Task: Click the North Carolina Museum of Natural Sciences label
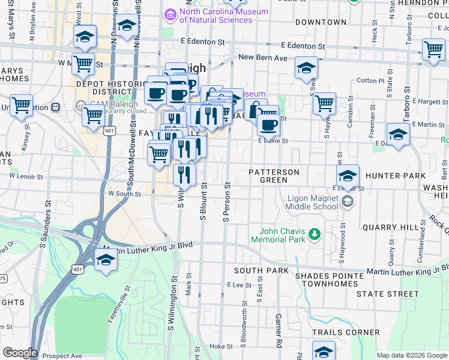coord(215,16)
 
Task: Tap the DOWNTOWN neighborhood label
coord(321,22)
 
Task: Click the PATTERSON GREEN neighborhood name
coord(274,176)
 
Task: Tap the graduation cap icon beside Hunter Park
coord(348,176)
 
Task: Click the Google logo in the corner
coord(19,353)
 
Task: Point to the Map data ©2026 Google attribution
coord(412,355)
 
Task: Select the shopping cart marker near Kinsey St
coord(21,106)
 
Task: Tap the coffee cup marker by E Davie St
coord(268,125)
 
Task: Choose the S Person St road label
coord(227,202)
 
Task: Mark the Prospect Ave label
coord(65,355)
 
